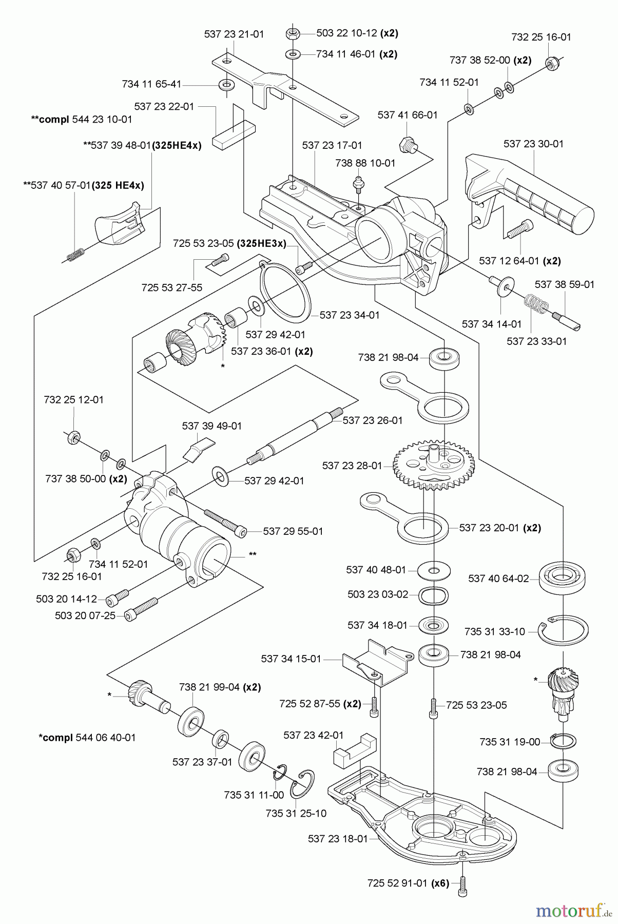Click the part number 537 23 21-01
coord(234,34)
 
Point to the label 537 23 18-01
coord(338,839)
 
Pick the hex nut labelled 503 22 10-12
coord(292,34)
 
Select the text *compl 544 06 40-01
coord(87,738)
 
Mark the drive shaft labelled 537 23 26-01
coord(295,435)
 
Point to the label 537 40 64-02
coord(498,579)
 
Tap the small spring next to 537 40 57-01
coord(76,254)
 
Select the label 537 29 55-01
coord(293,531)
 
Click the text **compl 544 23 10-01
coord(82,120)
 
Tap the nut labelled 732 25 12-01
coord(73,437)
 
